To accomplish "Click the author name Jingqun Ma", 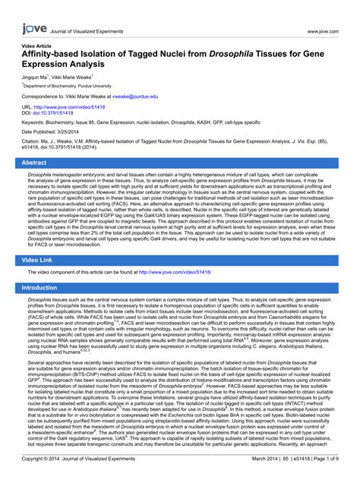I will [35, 77].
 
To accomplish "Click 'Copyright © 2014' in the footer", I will [42, 459].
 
